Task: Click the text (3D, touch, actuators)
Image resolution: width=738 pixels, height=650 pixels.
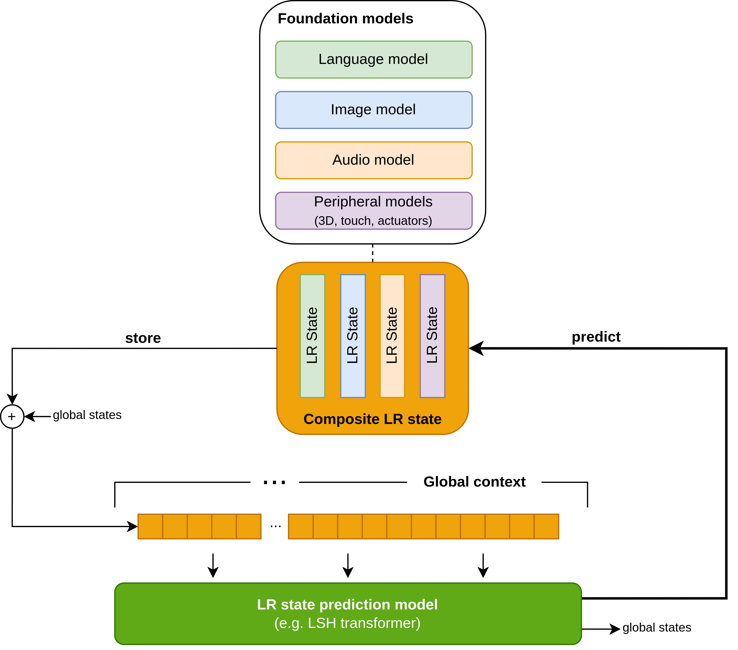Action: click(373, 221)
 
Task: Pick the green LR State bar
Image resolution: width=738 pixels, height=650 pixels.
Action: click(312, 336)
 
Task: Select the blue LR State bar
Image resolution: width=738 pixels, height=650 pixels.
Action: click(353, 336)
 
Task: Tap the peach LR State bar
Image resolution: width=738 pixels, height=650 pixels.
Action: click(392, 336)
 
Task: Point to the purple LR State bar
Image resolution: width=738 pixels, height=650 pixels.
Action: click(432, 336)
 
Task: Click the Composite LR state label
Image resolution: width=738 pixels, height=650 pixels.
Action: click(372, 419)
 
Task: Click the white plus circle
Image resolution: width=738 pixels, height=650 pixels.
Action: click(12, 417)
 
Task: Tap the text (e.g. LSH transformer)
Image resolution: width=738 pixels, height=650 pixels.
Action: click(347, 623)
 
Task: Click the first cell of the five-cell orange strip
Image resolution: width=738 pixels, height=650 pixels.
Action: click(150, 526)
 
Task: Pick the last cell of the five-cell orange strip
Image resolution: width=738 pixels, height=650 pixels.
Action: click(249, 526)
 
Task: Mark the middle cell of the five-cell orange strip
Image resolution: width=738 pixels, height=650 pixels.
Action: click(199, 526)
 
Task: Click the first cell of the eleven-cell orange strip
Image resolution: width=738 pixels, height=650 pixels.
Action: click(301, 526)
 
